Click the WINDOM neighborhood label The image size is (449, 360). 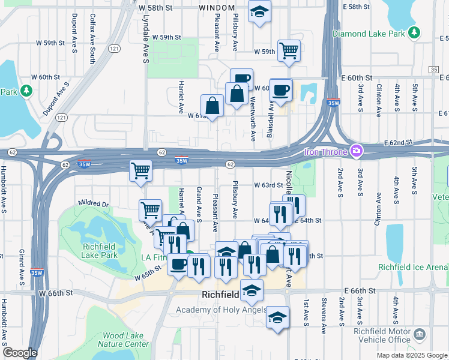pos(217,7)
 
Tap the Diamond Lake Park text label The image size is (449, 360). pos(369,34)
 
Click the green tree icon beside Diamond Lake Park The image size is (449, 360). pos(413,32)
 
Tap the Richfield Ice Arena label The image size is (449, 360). pos(413,267)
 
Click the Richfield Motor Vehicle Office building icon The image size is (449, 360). pos(420,333)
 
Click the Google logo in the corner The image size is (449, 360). pos(20,353)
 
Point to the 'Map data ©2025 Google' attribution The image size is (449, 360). pos(411,355)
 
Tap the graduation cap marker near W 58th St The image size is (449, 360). pos(259,12)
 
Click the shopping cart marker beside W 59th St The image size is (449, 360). pos(289,50)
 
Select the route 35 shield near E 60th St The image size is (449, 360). pos(433,70)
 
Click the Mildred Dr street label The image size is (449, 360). pos(93,204)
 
